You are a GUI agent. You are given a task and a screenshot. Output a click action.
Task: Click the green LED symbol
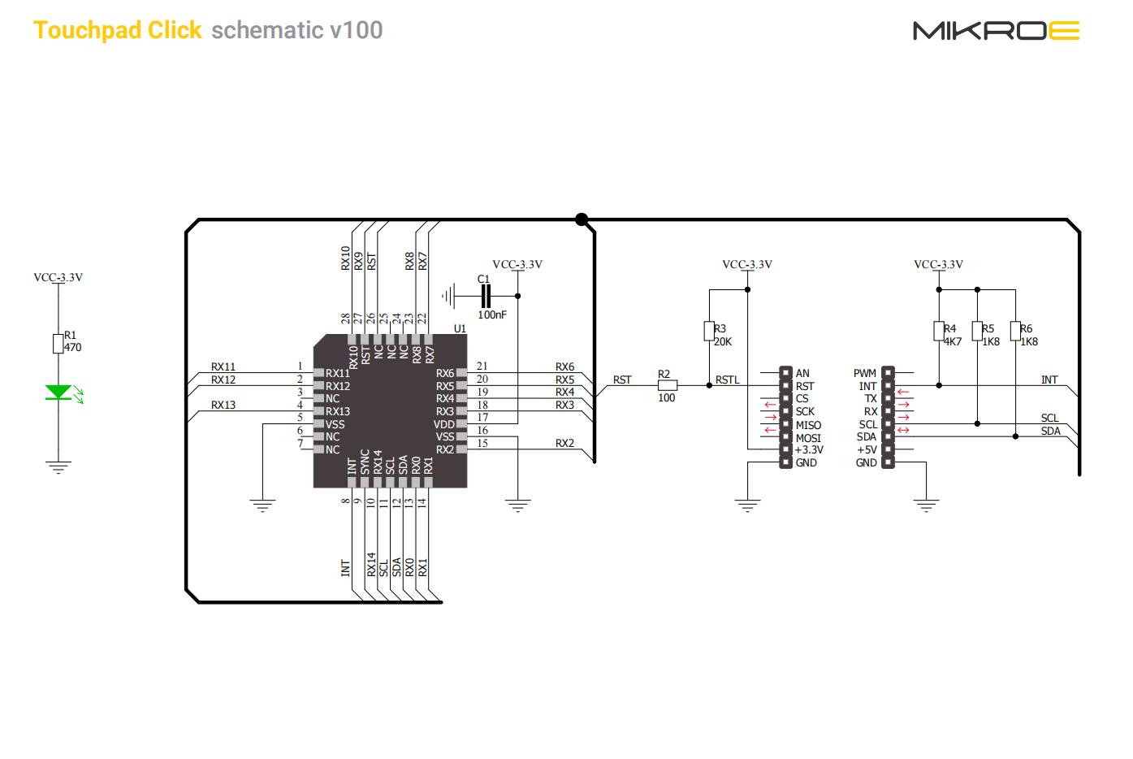(58, 393)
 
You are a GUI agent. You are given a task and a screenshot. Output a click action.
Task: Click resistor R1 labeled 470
(58, 344)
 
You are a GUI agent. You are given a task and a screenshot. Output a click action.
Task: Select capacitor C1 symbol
(486, 296)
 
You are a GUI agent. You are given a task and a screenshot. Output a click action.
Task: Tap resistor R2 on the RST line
(668, 385)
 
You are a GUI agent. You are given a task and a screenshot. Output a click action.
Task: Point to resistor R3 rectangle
(709, 331)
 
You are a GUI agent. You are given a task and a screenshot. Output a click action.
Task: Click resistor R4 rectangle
(939, 331)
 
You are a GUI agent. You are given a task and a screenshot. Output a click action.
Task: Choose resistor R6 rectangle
(1015, 331)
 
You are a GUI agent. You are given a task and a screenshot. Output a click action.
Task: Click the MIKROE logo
(996, 30)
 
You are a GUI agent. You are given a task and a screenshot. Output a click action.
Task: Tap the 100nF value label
(492, 314)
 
